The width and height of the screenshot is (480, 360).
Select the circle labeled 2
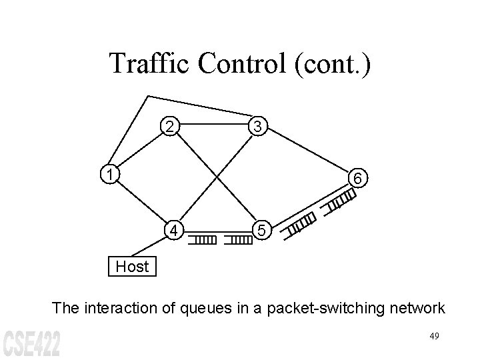point(171,126)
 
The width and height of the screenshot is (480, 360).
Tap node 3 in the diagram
point(257,126)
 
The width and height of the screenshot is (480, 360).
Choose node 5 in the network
point(263,231)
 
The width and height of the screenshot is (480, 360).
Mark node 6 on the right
point(358,179)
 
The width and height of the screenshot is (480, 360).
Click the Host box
point(132,267)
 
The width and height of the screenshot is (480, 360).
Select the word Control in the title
point(248,64)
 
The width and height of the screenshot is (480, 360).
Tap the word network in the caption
point(411,307)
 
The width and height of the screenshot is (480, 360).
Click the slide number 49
point(434,336)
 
